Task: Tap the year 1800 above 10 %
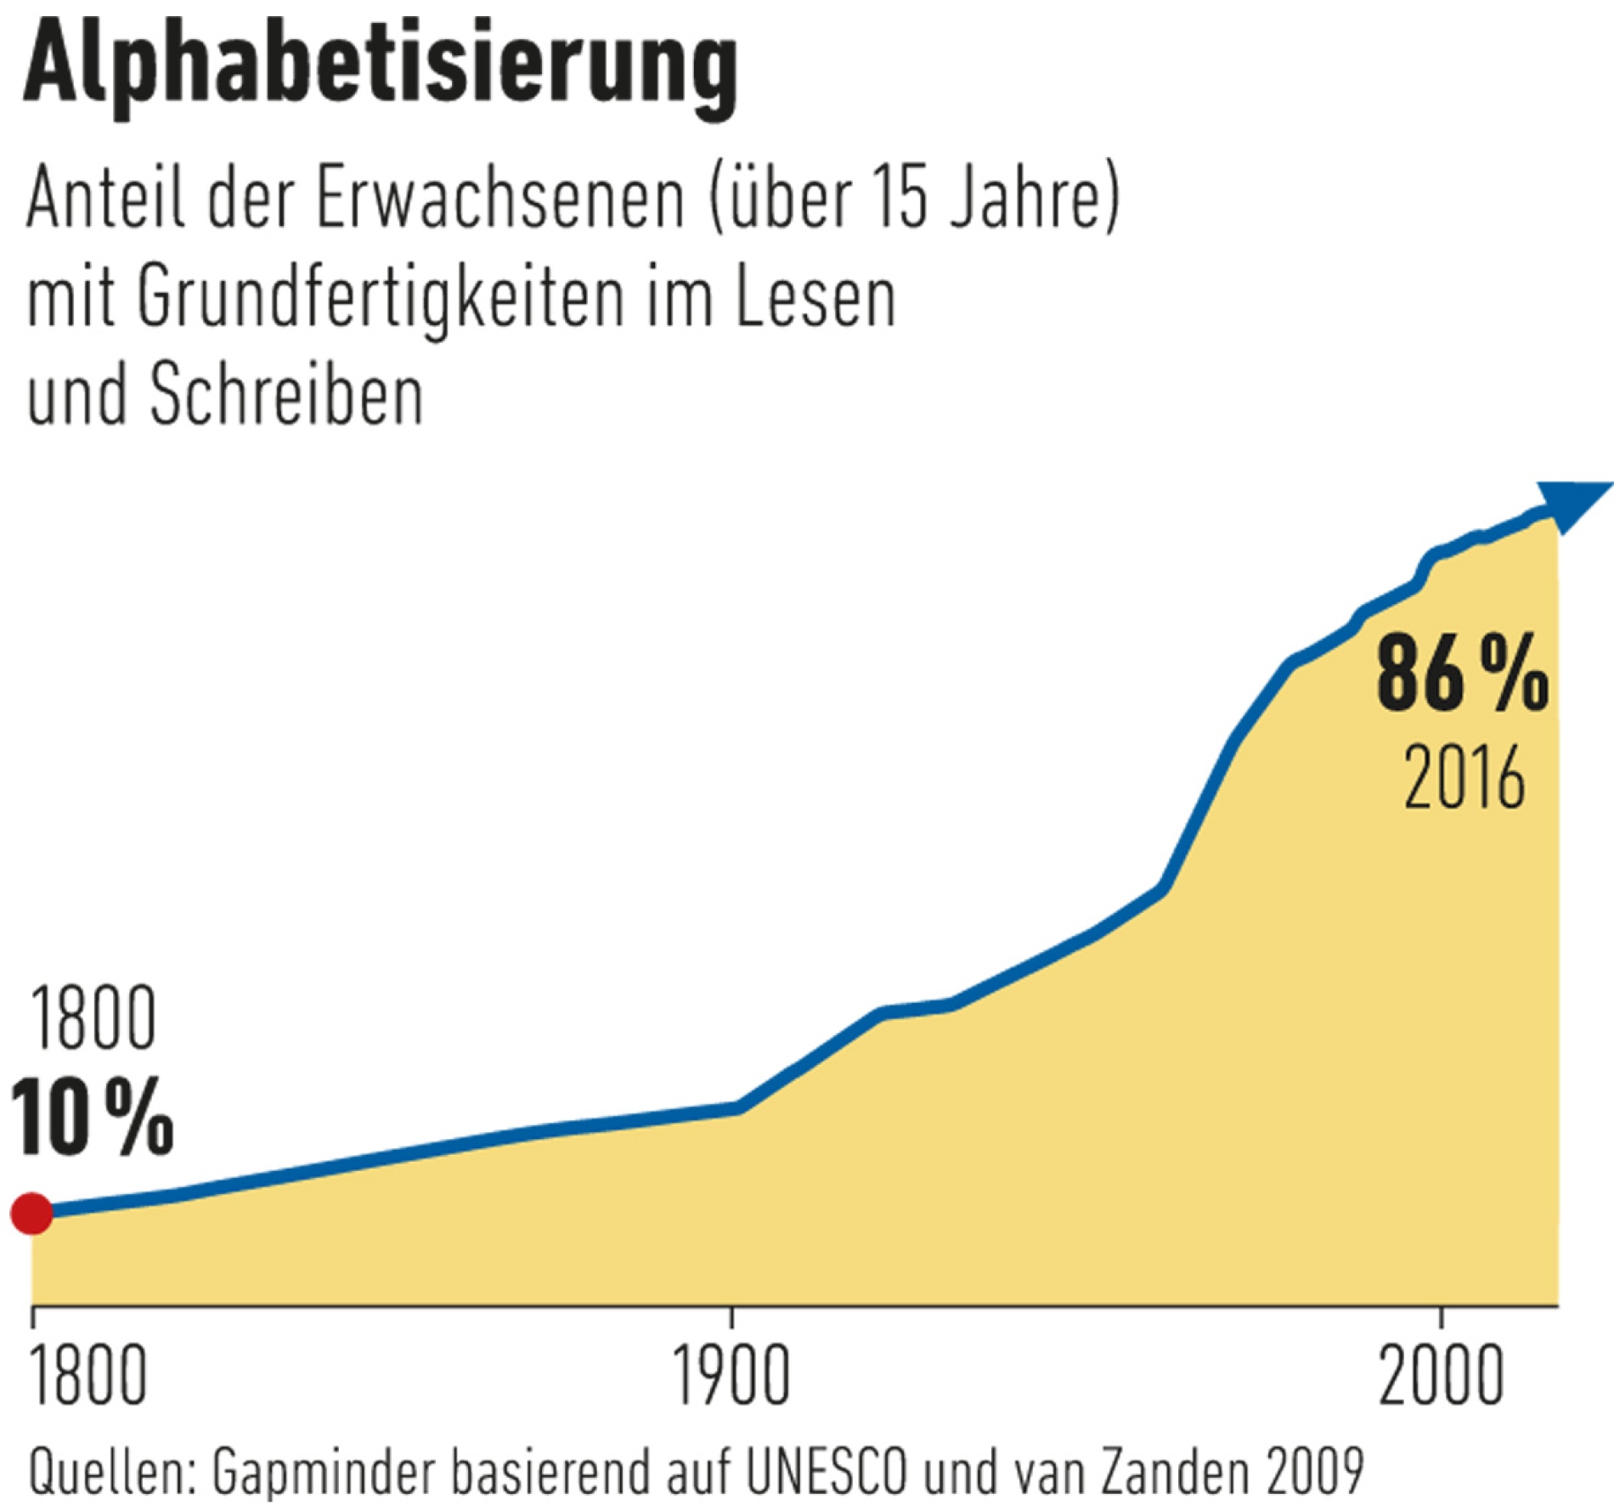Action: click(x=92, y=1019)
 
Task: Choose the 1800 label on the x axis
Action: click(x=87, y=1377)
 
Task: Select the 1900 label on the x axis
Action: click(x=731, y=1377)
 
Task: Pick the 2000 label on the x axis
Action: click(x=1441, y=1377)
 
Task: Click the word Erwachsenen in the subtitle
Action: click(x=499, y=200)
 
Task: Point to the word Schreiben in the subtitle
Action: click(x=286, y=397)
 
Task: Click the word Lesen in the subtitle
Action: click(x=815, y=299)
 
